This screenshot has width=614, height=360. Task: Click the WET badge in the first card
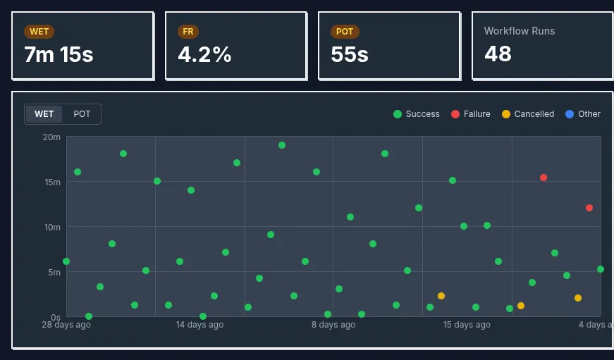pos(39,32)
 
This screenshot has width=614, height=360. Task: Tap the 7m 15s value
pos(59,54)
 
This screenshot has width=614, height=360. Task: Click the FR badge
pos(188,32)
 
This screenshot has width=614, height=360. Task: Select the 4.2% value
pos(204,54)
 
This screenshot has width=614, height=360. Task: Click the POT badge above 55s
pos(345,32)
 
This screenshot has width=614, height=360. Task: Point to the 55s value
pos(350,54)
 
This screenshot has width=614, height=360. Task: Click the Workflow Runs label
pos(519,31)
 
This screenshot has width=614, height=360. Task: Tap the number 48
pos(498,54)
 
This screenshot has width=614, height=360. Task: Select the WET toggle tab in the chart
pos(44,114)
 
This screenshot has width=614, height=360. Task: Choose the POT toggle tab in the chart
pos(82,114)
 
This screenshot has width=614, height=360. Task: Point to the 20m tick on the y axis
pos(51,137)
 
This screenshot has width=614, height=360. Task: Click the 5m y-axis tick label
pos(54,272)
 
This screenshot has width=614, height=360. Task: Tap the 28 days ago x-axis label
pos(66,325)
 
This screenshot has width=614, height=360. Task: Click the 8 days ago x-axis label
pos(333,325)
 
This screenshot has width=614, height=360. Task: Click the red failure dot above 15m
pos(544,178)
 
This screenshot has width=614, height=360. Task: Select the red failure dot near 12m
pos(589,208)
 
